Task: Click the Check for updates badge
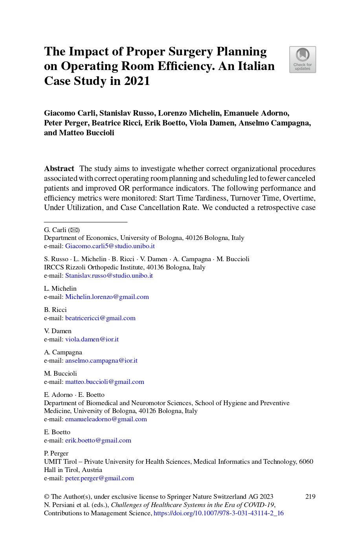click(303, 60)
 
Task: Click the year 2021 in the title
click(137, 81)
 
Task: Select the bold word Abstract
click(59, 169)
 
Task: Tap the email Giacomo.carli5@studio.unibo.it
click(110, 246)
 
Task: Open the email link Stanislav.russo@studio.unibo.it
click(109, 276)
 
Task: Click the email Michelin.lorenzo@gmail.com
click(107, 297)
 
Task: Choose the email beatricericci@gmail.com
click(100, 318)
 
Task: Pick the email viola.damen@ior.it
click(92, 339)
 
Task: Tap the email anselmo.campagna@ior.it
click(101, 361)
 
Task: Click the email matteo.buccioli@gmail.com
click(105, 382)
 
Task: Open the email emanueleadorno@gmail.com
click(106, 419)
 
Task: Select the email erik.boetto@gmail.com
click(98, 441)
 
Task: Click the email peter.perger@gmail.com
click(99, 478)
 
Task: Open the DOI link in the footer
click(219, 513)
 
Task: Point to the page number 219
click(310, 496)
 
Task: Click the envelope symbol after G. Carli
click(74, 230)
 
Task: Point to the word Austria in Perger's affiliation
click(92, 470)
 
